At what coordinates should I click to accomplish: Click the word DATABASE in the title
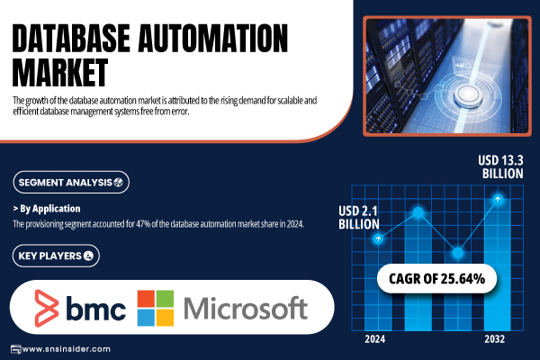coord(71,38)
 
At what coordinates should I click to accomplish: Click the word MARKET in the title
coord(60,72)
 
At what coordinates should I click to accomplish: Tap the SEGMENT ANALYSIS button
coord(71,182)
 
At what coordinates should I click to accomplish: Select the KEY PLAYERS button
coord(56,256)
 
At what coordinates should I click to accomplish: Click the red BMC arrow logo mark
coord(47,309)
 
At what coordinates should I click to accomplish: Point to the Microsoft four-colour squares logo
coord(156,308)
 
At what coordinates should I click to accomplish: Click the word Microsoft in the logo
coord(246,309)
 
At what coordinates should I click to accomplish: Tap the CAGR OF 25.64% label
coord(436,279)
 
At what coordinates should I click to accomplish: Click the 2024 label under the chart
coord(375,339)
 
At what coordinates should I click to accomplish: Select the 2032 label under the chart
coord(494,339)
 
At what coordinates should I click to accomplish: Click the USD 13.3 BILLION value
coord(500,166)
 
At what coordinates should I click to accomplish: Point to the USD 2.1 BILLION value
coord(358,218)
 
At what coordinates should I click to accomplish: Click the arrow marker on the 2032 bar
coord(498,199)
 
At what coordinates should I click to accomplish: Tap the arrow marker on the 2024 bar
coord(378,238)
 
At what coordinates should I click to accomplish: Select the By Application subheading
coord(47,209)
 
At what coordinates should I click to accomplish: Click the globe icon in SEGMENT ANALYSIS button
coord(119,183)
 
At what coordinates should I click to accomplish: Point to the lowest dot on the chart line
coord(458,253)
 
